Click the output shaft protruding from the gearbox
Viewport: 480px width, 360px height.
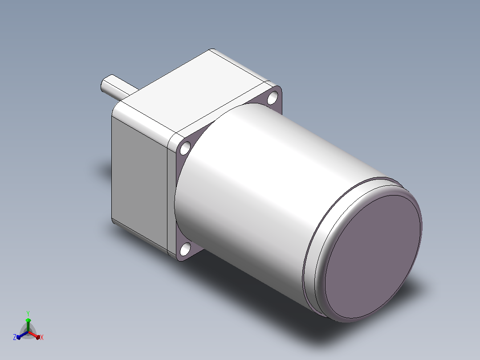pos(118,87)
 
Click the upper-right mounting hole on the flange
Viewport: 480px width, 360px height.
pos(272,98)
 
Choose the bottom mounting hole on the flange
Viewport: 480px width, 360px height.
pos(185,249)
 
